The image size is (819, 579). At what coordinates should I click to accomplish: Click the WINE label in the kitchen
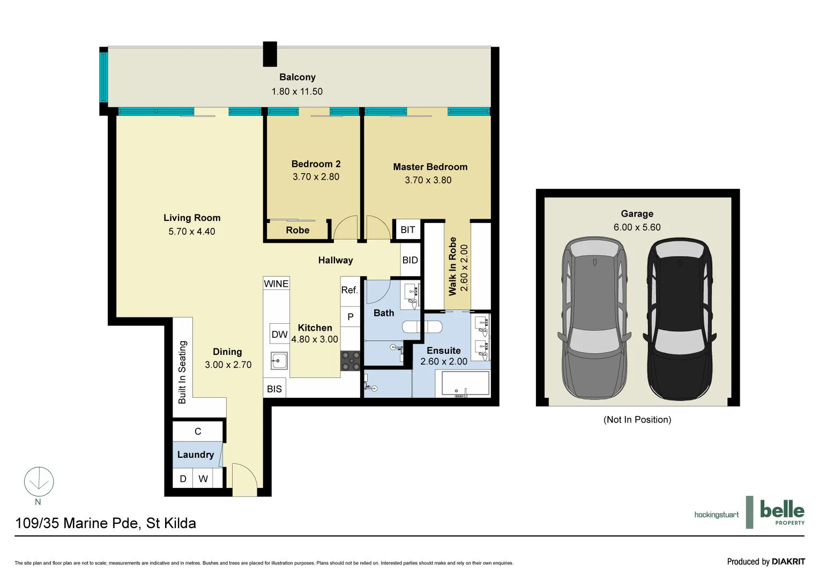276,284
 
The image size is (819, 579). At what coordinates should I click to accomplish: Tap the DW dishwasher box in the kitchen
279,335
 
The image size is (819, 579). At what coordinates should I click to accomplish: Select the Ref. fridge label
349,290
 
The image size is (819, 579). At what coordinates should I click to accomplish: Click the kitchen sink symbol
278,361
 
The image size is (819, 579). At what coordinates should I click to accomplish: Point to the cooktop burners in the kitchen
351,361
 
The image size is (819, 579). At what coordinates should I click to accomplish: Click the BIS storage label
274,389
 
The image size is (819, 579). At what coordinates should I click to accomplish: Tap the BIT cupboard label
407,230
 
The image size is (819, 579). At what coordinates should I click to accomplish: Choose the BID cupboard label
410,260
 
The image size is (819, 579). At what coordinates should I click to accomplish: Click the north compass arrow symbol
39,481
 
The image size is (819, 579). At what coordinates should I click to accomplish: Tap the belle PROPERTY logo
781,512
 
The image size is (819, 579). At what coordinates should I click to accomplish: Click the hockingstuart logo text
716,515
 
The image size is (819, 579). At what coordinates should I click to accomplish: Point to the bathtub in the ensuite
465,383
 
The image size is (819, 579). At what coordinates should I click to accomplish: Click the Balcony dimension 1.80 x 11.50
297,92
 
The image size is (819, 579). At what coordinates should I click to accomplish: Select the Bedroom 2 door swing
346,228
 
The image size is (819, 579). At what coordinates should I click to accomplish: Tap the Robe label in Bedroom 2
297,231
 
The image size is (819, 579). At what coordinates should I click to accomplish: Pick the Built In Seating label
182,372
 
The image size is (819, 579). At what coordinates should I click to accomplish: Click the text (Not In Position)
637,420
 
